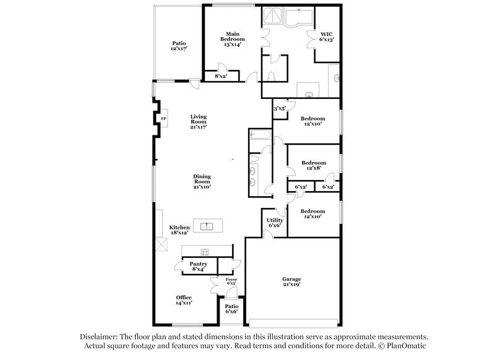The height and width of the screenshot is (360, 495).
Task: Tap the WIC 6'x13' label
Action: (x=327, y=36)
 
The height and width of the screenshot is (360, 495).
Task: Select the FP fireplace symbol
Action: (x=164, y=118)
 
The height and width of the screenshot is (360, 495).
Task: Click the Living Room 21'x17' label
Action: (x=198, y=121)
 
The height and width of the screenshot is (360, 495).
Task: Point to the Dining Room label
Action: (x=202, y=181)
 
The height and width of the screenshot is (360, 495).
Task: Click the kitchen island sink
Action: (x=207, y=226)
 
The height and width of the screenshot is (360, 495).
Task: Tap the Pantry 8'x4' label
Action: (x=198, y=266)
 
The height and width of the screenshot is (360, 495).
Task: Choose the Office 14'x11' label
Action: (x=184, y=300)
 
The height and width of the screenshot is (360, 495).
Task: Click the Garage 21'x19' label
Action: (x=292, y=283)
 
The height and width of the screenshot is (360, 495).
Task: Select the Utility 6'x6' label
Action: (x=275, y=223)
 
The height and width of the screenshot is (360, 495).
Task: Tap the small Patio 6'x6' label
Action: (x=231, y=309)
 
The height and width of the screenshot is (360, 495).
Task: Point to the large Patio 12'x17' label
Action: (x=179, y=45)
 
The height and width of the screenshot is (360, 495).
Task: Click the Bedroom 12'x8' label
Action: (x=313, y=166)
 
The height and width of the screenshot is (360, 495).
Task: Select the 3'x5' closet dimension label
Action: (x=279, y=109)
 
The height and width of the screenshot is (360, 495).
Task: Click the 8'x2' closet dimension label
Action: (x=220, y=76)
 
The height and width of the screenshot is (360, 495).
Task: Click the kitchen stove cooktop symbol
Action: (x=204, y=251)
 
